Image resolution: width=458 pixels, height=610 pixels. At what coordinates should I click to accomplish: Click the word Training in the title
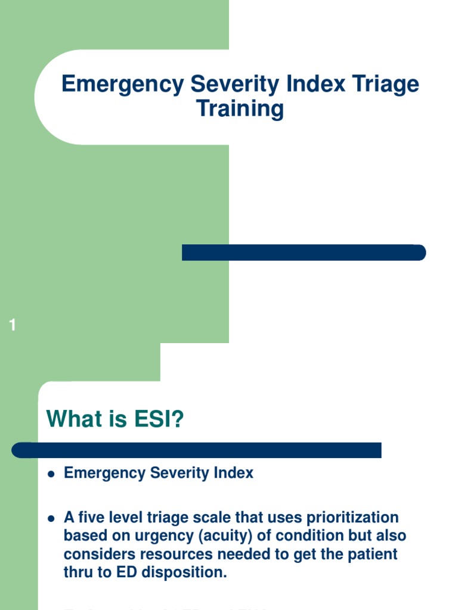click(x=240, y=109)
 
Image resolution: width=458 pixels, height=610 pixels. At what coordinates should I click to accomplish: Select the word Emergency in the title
click(x=122, y=84)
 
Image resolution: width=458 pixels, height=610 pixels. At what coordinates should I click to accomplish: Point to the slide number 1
click(x=13, y=325)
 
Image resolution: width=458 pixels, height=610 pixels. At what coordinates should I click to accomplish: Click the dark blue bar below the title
click(x=304, y=252)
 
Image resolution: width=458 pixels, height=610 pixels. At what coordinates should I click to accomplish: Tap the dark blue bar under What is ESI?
click(x=197, y=450)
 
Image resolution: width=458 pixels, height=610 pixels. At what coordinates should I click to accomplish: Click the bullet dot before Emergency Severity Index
click(x=51, y=474)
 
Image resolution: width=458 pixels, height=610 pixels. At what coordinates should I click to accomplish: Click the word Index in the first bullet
click(x=234, y=473)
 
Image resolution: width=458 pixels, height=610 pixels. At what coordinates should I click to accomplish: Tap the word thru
click(x=79, y=572)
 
